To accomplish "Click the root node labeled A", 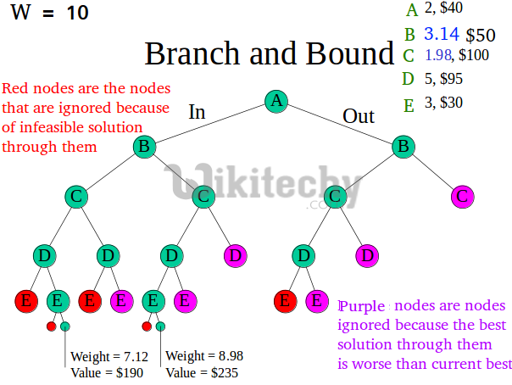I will pos(275,101).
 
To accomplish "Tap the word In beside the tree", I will pos(197,112).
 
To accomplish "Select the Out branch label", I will pos(359,116).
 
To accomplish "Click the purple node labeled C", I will pos(462,197).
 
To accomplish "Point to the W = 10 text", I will pos(49,13).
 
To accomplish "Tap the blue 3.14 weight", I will pos(441,34).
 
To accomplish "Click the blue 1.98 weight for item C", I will pos(437,56).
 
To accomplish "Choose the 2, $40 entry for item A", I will pos(443,9).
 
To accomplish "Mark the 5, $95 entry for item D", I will pos(443,80).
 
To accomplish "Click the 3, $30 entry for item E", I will pos(443,103).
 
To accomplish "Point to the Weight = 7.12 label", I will pos(109,356).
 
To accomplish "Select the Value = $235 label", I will pos(202,372).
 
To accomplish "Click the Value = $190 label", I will pos(107,372).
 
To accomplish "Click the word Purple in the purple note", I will pos(362,305).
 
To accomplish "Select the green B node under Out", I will pos(403,147).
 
